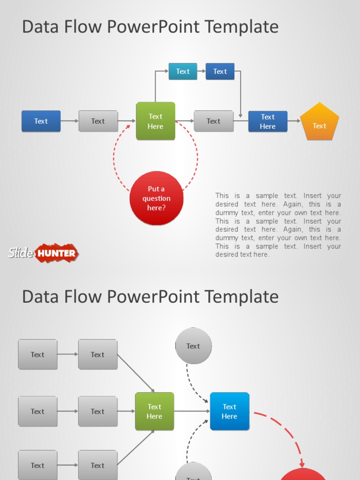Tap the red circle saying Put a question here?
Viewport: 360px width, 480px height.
click(156, 198)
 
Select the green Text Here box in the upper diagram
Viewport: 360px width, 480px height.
click(156, 121)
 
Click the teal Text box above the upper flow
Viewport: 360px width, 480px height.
click(183, 71)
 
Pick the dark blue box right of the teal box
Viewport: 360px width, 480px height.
click(220, 71)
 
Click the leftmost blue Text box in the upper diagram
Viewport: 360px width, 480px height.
click(41, 121)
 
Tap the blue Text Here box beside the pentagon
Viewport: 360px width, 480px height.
click(268, 121)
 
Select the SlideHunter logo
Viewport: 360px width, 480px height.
click(44, 253)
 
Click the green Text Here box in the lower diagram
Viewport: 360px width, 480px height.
click(154, 411)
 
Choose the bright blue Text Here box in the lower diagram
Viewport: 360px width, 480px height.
click(229, 411)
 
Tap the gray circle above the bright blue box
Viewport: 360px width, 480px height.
click(193, 346)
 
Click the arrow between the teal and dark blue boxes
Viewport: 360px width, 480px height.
click(202, 71)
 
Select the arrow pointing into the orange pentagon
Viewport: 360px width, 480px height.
click(294, 121)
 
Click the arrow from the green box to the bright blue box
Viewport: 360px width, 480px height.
click(192, 411)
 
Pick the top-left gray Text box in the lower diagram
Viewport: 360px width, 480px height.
click(37, 354)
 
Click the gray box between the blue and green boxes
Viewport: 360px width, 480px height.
click(98, 121)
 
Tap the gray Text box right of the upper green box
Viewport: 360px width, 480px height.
click(213, 121)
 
